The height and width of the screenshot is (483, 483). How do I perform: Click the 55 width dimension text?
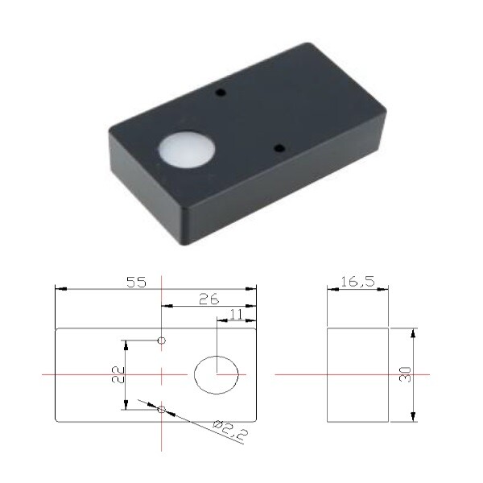(x=136, y=282)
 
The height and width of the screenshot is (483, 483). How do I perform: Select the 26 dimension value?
(x=208, y=299)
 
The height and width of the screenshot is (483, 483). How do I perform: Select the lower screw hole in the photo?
(x=279, y=148)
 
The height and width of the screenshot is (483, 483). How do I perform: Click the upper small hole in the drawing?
(x=162, y=341)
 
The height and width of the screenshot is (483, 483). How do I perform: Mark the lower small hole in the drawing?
(x=162, y=410)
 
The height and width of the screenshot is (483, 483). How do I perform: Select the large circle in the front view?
(x=216, y=375)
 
